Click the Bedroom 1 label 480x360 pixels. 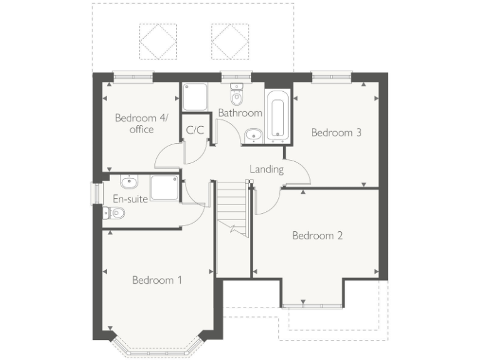point(157,280)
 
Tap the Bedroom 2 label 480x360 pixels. point(317,236)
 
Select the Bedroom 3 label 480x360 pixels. point(336,132)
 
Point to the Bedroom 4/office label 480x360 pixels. point(135,123)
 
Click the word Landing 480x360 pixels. point(267,169)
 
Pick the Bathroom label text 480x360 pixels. point(240,113)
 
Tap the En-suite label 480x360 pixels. point(131,199)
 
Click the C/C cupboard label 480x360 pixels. point(195,130)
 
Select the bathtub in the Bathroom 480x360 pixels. point(277,115)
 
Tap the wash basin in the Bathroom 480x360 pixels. point(253,134)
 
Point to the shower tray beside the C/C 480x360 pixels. point(195,97)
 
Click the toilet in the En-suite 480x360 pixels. point(114,214)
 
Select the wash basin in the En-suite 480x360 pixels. point(129,182)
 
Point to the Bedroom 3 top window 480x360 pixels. point(331,77)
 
